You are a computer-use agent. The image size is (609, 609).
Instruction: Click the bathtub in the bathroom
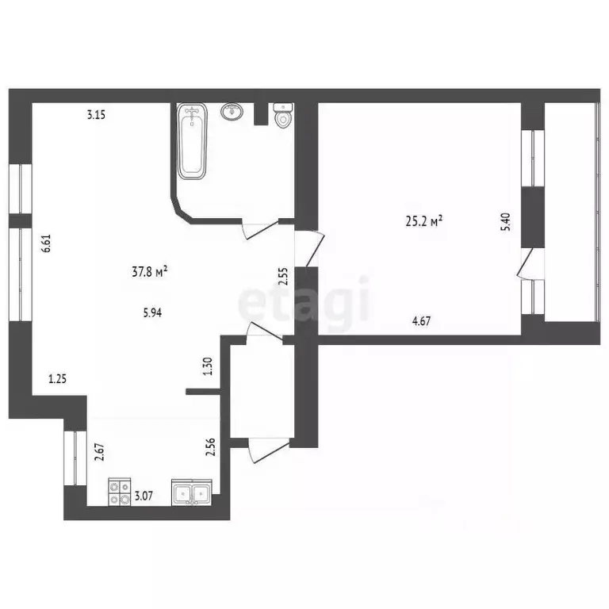[x=193, y=140]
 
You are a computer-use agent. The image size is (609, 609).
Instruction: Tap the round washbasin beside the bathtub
[x=232, y=111]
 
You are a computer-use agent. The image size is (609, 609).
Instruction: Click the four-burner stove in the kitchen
[x=120, y=493]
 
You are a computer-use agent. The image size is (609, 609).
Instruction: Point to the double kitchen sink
[x=192, y=494]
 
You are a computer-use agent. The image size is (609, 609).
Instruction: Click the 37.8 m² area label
[x=149, y=273]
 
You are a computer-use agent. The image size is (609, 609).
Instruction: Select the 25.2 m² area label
[x=423, y=222]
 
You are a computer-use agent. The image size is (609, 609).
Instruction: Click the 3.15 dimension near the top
[x=97, y=114]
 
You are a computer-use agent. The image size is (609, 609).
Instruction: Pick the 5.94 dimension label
[x=153, y=312]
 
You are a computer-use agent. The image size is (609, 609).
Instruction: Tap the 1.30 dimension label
[x=209, y=366]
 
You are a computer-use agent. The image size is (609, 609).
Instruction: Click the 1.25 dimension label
[x=57, y=379]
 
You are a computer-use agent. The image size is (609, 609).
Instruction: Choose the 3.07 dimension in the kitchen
[x=144, y=497]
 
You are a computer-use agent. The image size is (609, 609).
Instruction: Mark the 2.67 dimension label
[x=99, y=452]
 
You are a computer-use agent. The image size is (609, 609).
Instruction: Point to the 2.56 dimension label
[x=211, y=448]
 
